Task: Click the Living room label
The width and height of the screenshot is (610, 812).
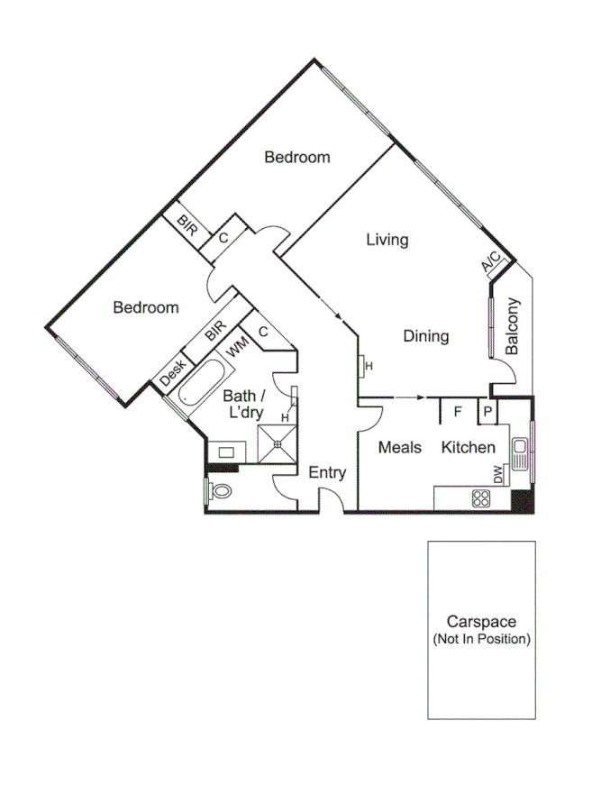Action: pyautogui.click(x=387, y=240)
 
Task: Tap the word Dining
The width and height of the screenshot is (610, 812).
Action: pyautogui.click(x=425, y=336)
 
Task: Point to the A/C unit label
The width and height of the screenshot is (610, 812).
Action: pyautogui.click(x=491, y=262)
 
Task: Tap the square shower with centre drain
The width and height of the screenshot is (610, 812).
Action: pyautogui.click(x=278, y=442)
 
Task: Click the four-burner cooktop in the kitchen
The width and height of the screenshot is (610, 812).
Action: pyautogui.click(x=480, y=497)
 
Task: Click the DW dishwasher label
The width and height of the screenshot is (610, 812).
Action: pyautogui.click(x=496, y=472)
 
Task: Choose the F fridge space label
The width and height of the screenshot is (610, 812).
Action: pyautogui.click(x=457, y=412)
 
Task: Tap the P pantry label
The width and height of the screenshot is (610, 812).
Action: pyautogui.click(x=487, y=412)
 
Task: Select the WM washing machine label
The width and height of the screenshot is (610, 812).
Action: pyautogui.click(x=237, y=347)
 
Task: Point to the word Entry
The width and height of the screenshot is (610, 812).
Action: pyautogui.click(x=327, y=472)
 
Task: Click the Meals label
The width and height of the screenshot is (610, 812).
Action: pyautogui.click(x=399, y=447)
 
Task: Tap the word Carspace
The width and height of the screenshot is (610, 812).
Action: pyautogui.click(x=481, y=622)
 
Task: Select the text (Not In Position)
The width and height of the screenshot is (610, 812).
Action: pyautogui.click(x=481, y=639)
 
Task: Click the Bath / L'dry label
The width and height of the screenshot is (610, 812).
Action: pyautogui.click(x=244, y=405)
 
